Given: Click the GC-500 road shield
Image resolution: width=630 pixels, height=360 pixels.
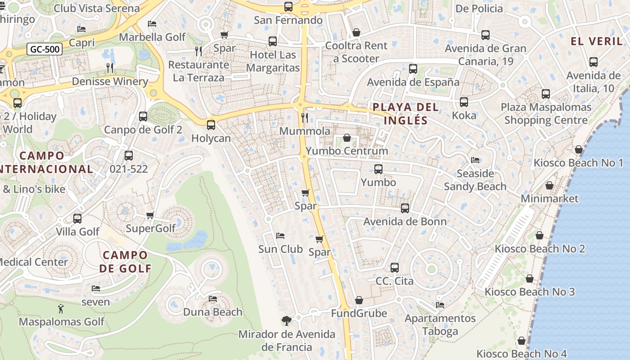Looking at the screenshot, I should tap(44, 49).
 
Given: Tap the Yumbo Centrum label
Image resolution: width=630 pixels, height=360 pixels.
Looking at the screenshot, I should tap(346, 151).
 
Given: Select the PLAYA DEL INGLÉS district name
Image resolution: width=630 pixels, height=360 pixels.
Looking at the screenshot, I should tap(405, 114).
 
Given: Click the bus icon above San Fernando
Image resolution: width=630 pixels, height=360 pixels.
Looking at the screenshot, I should tap(288, 7).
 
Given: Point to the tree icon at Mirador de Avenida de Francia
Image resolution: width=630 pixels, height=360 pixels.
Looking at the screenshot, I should tap(286, 321).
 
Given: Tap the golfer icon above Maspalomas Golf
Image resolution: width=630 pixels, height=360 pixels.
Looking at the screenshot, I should tap(61, 309).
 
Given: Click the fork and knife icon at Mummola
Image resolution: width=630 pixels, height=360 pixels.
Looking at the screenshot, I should tap(305, 118).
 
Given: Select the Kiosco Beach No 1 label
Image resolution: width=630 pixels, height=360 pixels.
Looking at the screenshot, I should tap(578, 163).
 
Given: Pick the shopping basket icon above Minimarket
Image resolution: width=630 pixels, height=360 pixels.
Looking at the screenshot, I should tap(549, 185).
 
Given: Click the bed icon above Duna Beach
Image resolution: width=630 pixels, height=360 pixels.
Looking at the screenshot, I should tap(213, 298).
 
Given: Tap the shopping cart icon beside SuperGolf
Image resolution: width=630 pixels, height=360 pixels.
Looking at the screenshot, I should tap(150, 215).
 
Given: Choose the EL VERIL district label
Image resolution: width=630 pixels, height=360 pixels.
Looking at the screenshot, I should tap(596, 41).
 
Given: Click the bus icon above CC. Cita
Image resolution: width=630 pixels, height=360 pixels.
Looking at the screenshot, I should tap(395, 268).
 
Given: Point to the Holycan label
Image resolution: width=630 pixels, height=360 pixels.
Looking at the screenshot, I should tap(211, 138).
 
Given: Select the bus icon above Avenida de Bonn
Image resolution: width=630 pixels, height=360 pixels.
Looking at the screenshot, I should tap(405, 208).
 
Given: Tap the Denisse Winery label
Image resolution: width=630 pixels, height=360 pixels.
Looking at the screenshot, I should tap(110, 81).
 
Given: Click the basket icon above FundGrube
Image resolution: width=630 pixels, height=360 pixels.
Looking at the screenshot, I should tap(359, 300).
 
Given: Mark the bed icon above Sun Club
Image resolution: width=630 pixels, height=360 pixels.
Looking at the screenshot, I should tap(280, 236).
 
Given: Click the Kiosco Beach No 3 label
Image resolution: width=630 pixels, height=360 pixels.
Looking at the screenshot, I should tap(530, 292).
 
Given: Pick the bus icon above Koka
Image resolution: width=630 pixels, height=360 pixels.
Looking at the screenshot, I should tap(464, 102).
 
